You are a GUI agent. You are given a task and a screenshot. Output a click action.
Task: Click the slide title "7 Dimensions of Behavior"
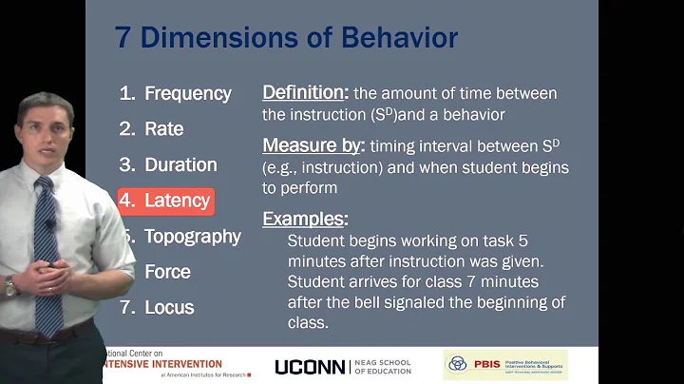pos(286,37)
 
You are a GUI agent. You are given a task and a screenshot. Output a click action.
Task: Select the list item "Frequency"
pos(187,93)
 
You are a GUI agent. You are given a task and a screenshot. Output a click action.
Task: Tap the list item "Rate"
pos(163,128)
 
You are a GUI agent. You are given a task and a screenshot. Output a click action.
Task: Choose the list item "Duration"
pos(180,164)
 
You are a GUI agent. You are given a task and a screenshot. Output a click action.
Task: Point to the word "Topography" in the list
pos(192,237)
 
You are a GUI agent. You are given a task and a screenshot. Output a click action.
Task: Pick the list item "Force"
pos(167,272)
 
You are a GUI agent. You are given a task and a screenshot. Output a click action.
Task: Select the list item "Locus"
pos(169,307)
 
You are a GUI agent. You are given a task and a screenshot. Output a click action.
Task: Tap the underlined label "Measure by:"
pos(313,146)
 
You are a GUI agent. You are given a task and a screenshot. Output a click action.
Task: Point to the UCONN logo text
pos(316,367)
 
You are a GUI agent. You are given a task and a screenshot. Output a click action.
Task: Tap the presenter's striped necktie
pos(47,247)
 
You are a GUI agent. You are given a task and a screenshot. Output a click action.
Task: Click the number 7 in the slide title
pos(123,38)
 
